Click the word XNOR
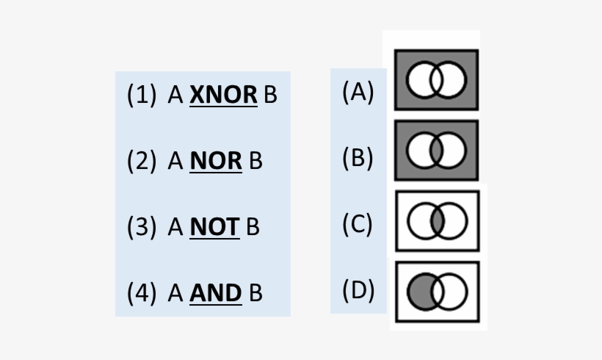pyautogui.click(x=223, y=96)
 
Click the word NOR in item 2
pyautogui.click(x=216, y=162)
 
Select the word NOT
pyautogui.click(x=214, y=228)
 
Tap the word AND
pyautogui.click(x=216, y=293)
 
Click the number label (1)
pyautogui.click(x=142, y=96)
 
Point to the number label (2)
pyautogui.click(x=142, y=162)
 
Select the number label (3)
pyautogui.click(x=142, y=228)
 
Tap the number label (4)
pyautogui.click(x=142, y=293)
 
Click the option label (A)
pyautogui.click(x=358, y=92)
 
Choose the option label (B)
pyautogui.click(x=358, y=158)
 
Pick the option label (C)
pyautogui.click(x=358, y=224)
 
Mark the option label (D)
pyautogui.click(x=358, y=290)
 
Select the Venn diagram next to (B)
pyautogui.click(x=437, y=151)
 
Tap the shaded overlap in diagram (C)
pyautogui.click(x=437, y=222)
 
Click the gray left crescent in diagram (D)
pyautogui.click(x=420, y=292)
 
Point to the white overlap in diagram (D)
pyautogui.click(x=438, y=292)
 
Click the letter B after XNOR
pyautogui.click(x=270, y=96)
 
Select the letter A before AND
pyautogui.click(x=175, y=293)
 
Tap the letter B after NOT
pyautogui.click(x=253, y=228)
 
